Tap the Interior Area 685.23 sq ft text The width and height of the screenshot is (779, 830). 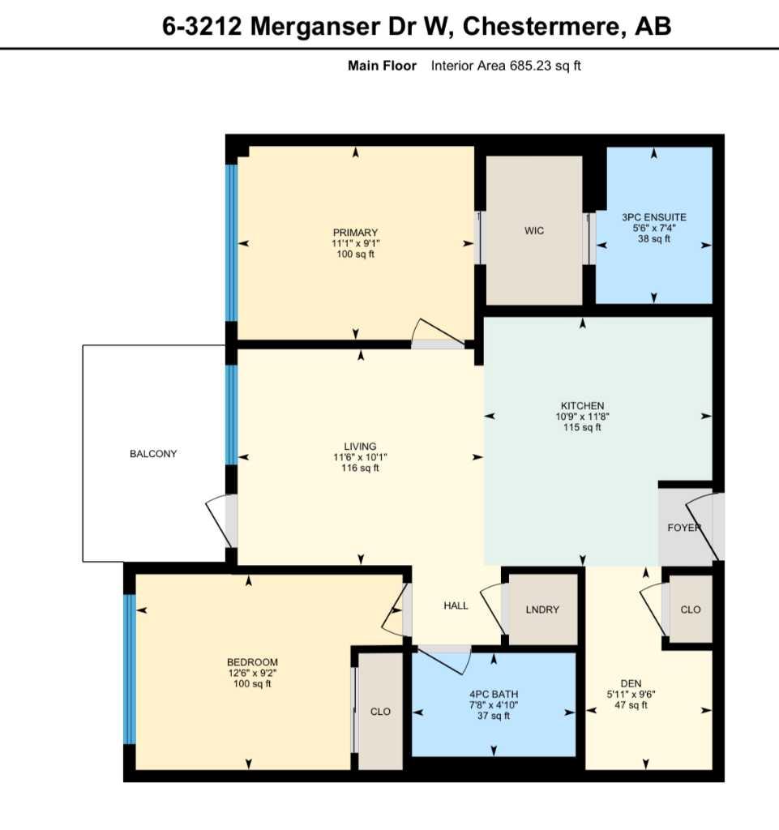point(506,66)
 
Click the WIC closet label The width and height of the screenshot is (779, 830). point(533,231)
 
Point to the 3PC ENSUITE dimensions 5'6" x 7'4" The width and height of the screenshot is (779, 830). point(653,229)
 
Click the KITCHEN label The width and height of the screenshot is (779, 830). point(582,406)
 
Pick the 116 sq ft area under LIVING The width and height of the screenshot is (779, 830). point(360,468)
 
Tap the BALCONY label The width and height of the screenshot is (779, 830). point(153,454)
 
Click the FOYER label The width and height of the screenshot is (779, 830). point(684,528)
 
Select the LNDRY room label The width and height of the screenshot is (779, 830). point(542,610)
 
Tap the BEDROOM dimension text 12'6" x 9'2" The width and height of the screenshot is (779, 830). point(252,673)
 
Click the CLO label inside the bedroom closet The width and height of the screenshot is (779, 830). point(380,712)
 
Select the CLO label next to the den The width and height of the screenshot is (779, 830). point(691,610)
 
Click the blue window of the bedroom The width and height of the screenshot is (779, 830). point(128,670)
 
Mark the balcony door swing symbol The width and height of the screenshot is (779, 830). point(222,522)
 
